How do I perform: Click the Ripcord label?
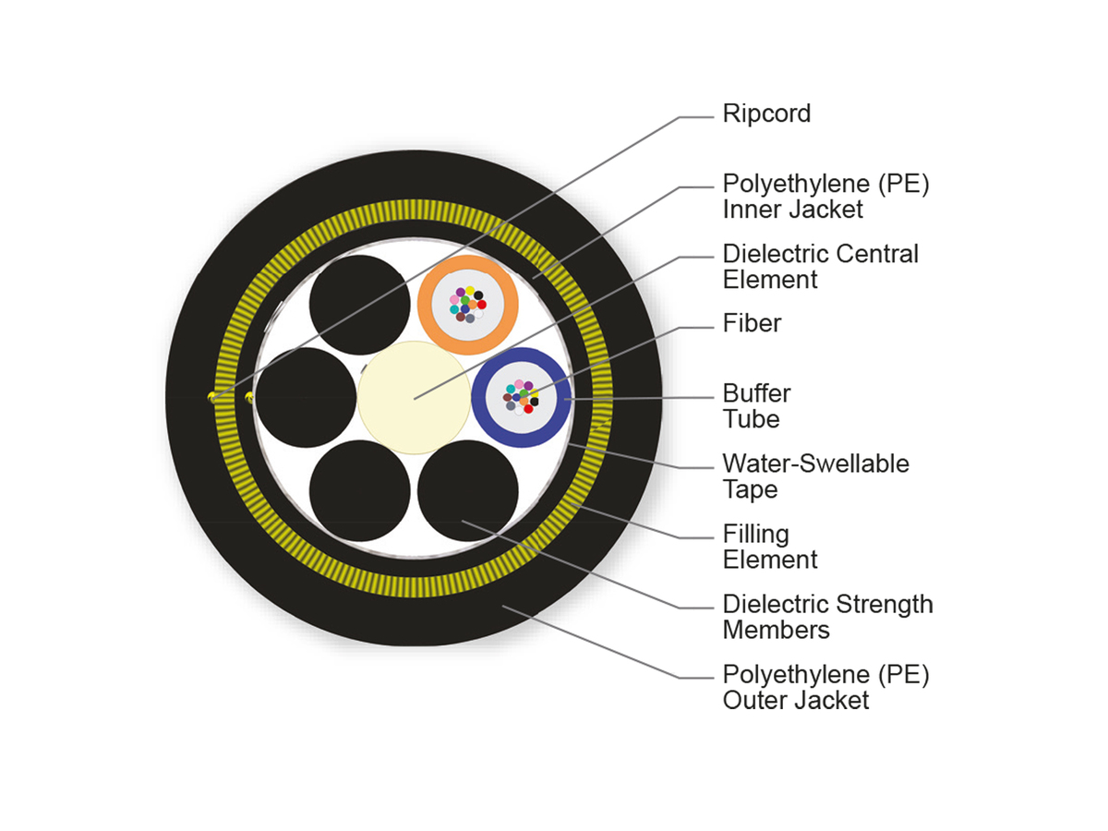tap(766, 114)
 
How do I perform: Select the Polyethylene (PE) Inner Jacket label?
tap(825, 196)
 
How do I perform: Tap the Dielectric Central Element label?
tap(820, 266)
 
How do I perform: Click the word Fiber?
tap(752, 323)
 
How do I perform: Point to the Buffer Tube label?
tap(756, 406)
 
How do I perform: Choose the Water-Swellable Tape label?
tap(815, 476)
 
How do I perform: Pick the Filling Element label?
tap(769, 547)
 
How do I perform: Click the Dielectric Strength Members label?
tap(827, 617)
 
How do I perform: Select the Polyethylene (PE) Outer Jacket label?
tap(825, 687)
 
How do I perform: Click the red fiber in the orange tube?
tap(481, 304)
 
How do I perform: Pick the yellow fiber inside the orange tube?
tap(470, 292)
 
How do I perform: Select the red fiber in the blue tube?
tap(528, 408)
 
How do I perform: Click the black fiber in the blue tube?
tap(534, 402)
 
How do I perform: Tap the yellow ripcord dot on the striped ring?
tap(211, 397)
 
